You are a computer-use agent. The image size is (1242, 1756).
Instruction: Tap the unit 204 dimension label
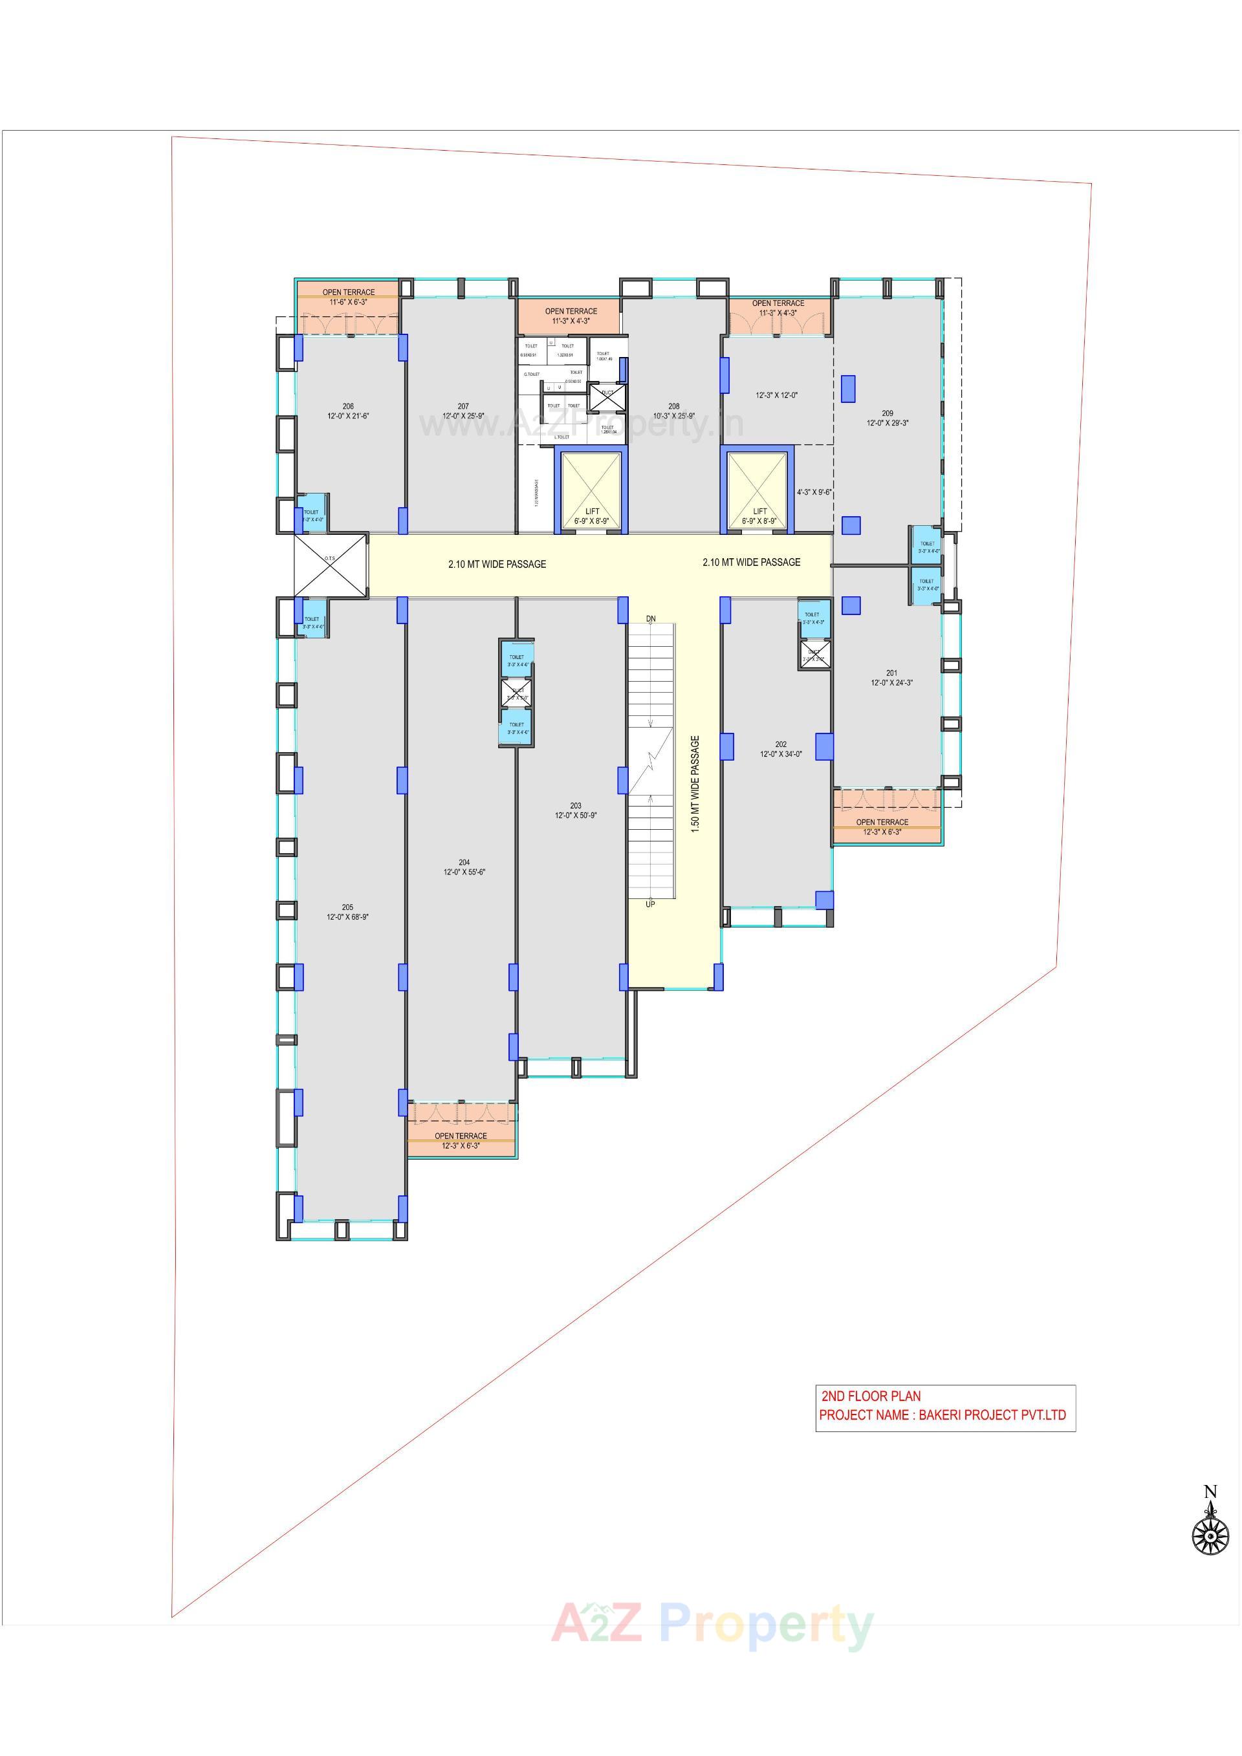click(x=464, y=872)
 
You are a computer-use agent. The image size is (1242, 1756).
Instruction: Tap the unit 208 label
click(x=674, y=411)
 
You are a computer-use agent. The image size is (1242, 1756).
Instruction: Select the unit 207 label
click(x=463, y=411)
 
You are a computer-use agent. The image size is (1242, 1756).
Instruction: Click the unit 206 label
click(x=348, y=411)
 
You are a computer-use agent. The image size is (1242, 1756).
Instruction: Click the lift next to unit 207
click(x=592, y=491)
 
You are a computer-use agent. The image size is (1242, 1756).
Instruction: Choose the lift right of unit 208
click(x=759, y=491)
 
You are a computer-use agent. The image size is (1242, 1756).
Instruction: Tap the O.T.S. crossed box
click(x=330, y=565)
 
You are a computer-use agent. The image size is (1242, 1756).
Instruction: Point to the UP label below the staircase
click(x=651, y=904)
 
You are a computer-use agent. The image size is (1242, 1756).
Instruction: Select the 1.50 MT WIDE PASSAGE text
click(x=695, y=784)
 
